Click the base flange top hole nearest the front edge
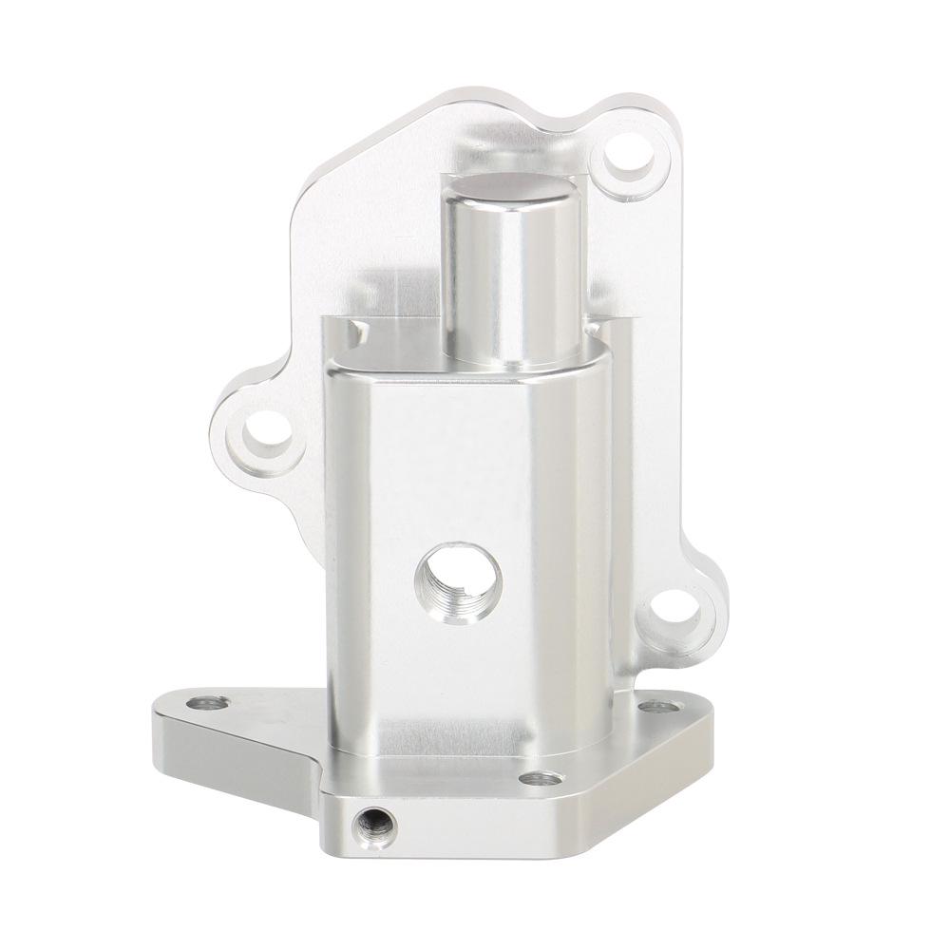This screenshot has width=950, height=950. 541,779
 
